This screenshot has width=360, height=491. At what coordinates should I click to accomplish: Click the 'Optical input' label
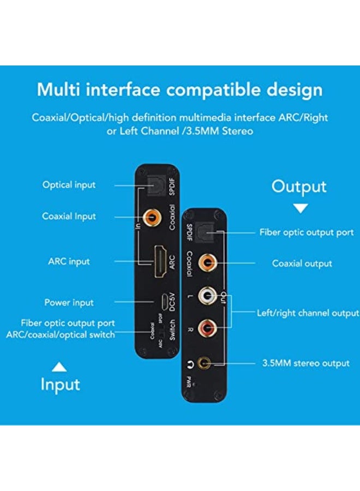point(69,185)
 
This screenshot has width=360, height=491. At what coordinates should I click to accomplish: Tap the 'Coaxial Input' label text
point(69,217)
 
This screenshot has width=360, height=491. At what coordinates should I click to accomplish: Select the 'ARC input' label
point(69,261)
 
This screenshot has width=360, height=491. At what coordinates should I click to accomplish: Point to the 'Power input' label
point(69,302)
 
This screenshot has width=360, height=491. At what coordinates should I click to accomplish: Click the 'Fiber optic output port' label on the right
point(306,232)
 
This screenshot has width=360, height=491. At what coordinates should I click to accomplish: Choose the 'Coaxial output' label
point(302,264)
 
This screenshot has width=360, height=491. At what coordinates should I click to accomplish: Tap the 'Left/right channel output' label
point(308,313)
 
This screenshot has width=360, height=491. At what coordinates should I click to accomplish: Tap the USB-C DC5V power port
point(162,302)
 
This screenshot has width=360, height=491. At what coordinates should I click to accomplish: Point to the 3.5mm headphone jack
point(205,362)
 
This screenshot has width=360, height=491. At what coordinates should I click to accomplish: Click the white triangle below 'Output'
point(301,208)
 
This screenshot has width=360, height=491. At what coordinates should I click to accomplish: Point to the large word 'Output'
point(299,187)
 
